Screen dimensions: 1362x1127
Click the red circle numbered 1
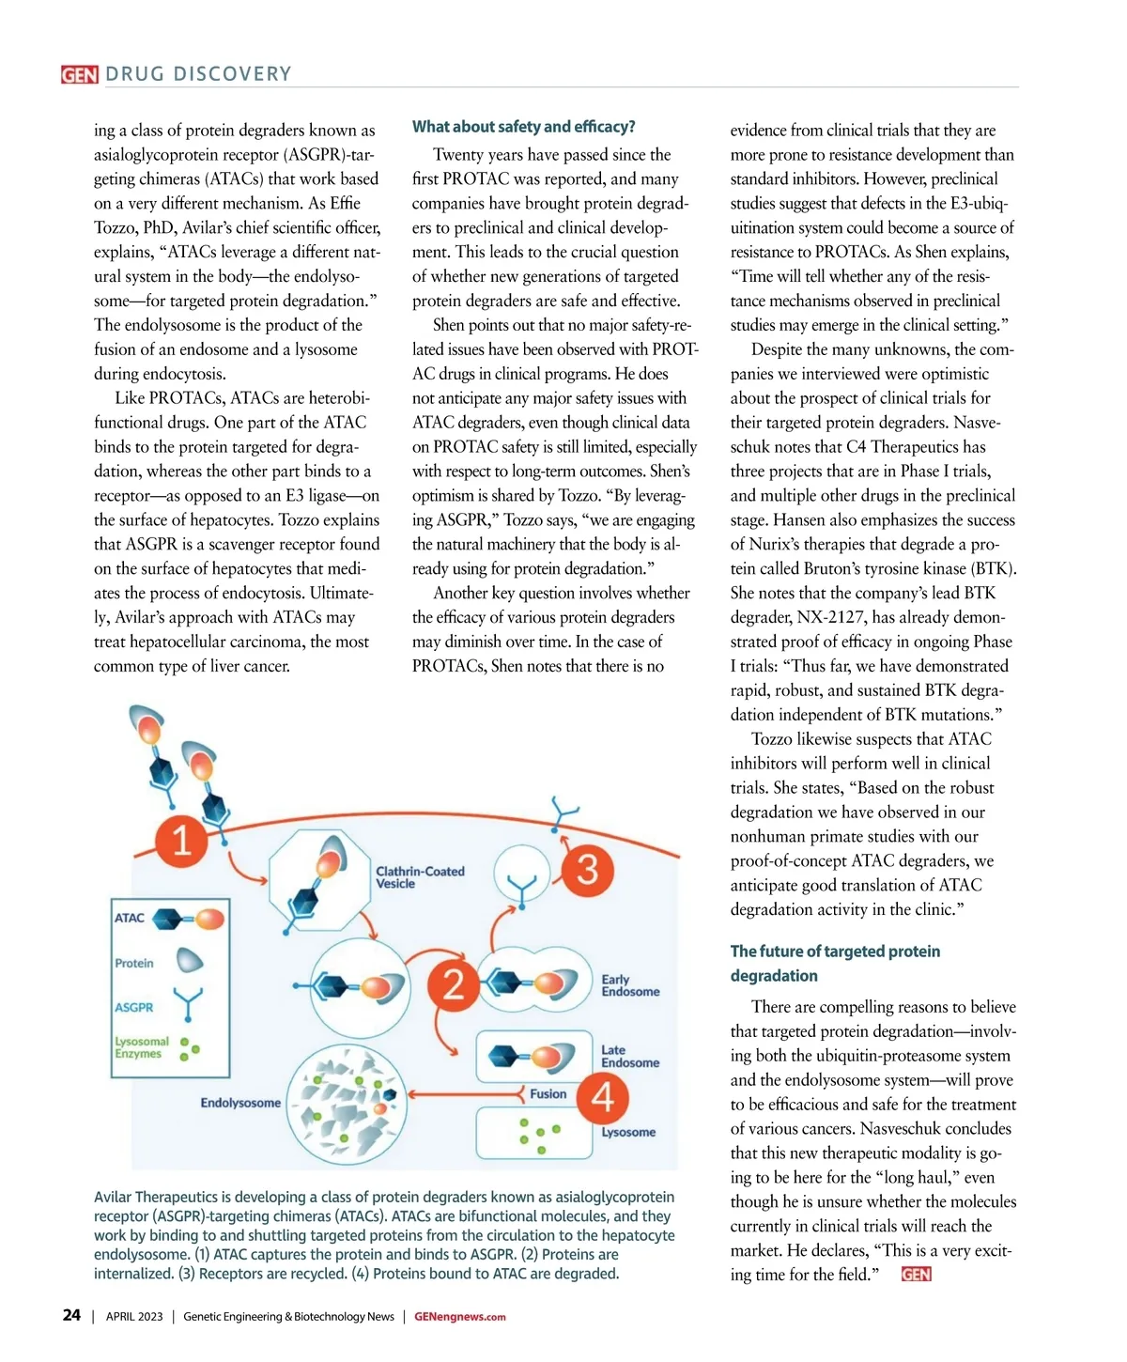[x=181, y=839]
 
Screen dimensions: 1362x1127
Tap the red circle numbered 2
[x=453, y=985]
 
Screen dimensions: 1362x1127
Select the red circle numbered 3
[x=587, y=869]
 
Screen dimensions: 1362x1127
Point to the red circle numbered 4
[x=603, y=1097]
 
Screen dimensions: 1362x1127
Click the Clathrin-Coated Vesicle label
[x=420, y=877]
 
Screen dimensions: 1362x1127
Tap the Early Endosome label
[x=630, y=985]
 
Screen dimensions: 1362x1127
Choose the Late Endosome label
[x=630, y=1057]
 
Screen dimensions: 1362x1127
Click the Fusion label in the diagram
[x=548, y=1094]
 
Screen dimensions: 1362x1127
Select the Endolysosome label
[x=240, y=1103]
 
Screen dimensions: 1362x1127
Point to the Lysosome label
[x=628, y=1132]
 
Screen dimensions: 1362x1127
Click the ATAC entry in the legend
[x=130, y=918]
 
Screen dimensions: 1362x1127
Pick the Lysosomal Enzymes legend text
[x=142, y=1047]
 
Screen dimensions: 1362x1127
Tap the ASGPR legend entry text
[x=134, y=1007]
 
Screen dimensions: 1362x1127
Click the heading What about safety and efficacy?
[x=523, y=127]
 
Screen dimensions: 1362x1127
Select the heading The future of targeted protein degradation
[x=835, y=964]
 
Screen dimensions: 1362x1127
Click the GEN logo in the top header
[x=80, y=74]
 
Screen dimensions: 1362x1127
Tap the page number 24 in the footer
[x=71, y=1315]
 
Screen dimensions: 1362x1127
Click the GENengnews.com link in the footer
[x=459, y=1317]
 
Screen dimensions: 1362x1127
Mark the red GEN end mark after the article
[x=916, y=1275]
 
